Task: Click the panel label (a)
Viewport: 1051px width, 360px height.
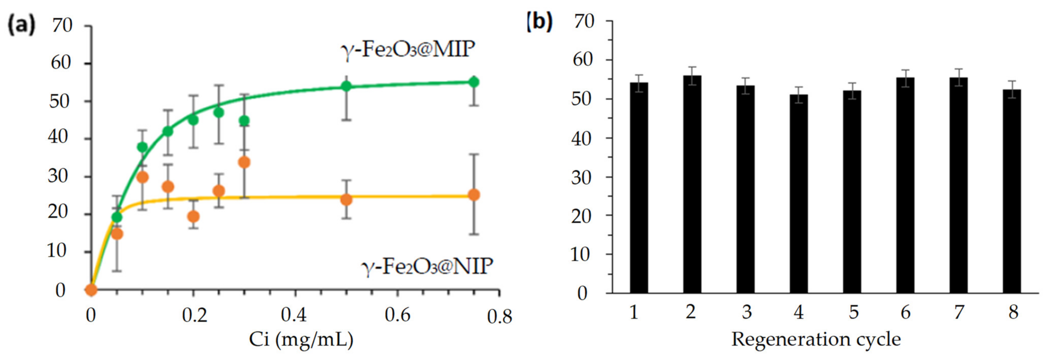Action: [22, 25]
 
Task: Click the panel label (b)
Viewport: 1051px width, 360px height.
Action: [539, 21]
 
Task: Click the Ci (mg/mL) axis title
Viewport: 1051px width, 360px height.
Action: [301, 340]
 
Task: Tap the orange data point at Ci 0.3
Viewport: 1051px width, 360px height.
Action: [244, 163]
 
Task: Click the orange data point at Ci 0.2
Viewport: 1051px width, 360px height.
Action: [193, 216]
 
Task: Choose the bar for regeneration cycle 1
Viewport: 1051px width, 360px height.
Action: [639, 188]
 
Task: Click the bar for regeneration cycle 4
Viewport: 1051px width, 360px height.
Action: [798, 194]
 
